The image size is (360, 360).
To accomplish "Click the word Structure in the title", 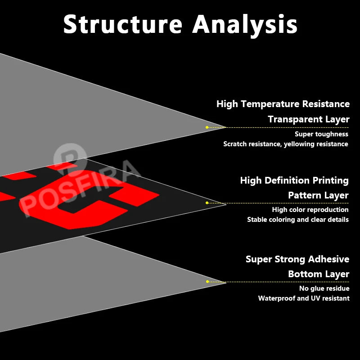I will tap(123, 24).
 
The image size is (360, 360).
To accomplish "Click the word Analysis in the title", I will tap(245, 24).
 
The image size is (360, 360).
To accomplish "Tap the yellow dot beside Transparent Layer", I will tap(207, 127).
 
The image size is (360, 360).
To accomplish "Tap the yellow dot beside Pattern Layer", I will tap(207, 203).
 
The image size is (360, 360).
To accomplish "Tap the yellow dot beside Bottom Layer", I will tap(207, 282).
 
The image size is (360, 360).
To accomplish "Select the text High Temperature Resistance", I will tap(283, 104).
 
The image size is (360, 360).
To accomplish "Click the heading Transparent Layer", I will tap(309, 119).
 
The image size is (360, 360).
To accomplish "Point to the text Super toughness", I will tap(321, 134).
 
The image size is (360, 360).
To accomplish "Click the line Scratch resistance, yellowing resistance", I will tap(286, 144).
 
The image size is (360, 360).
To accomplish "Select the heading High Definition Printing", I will tap(294, 180).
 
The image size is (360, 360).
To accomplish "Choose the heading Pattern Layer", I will tap(318, 195).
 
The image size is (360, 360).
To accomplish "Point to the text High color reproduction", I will tap(310, 210).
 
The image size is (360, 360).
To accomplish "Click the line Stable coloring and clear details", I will tap(298, 220).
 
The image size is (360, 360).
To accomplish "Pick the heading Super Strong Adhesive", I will tap(297, 259).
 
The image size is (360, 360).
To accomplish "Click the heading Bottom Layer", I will tap(319, 274).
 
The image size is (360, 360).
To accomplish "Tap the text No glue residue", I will tap(324, 288).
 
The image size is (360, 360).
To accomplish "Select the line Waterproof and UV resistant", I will tap(304, 298).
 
